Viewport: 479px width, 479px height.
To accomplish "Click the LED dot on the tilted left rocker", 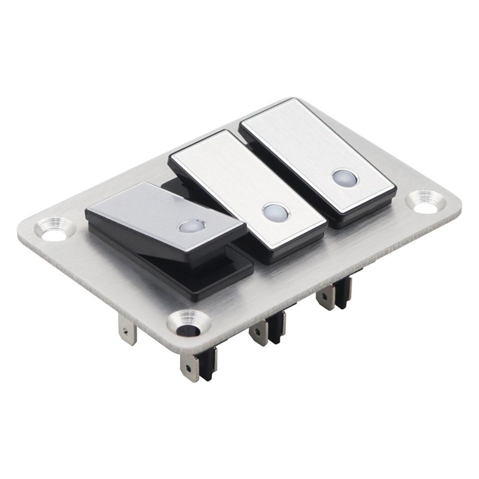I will (192, 226).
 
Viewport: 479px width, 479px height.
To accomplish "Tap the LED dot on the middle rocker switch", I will (276, 212).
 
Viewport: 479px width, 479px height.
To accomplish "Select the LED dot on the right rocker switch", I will (345, 178).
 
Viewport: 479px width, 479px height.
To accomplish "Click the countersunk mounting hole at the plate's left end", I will (54, 229).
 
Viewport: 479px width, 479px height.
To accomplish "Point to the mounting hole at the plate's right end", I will (425, 202).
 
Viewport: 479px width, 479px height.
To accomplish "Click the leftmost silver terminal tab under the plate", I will (128, 330).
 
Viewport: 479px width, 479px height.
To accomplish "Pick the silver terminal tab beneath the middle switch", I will (259, 332).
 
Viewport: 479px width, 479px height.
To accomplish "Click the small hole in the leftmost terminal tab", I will (125, 330).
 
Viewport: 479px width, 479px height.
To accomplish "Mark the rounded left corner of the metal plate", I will (24, 230).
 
